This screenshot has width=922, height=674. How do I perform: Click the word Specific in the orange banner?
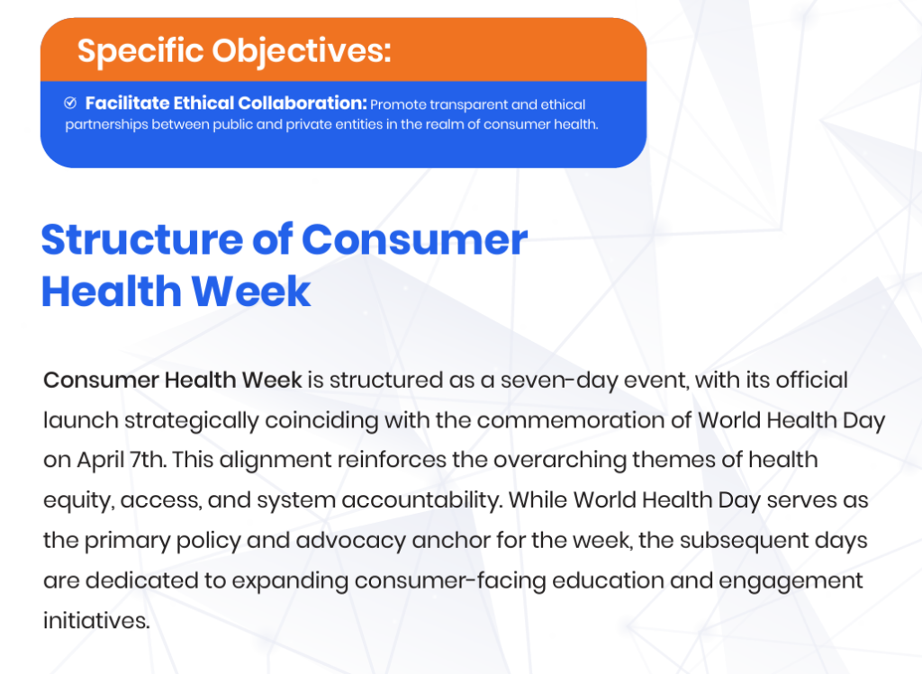click(140, 51)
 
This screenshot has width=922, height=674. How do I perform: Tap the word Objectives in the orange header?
click(301, 51)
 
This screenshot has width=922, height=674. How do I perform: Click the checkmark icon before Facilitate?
click(70, 103)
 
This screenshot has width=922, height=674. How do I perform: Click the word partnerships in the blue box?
click(106, 125)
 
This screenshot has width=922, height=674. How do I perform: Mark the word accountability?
click(422, 501)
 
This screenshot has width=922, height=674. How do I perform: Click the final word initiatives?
click(96, 621)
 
